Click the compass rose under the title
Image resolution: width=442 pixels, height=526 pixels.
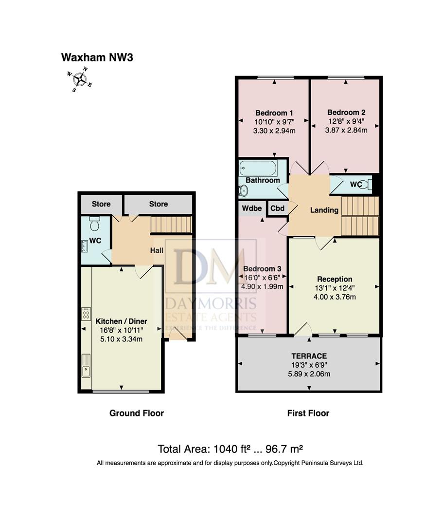pyautogui.click(x=80, y=80)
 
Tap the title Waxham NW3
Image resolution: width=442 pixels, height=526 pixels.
pyautogui.click(x=97, y=57)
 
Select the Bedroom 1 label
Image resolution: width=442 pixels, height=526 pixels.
pyautogui.click(x=274, y=113)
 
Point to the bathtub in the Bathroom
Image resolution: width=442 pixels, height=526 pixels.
pyautogui.click(x=258, y=168)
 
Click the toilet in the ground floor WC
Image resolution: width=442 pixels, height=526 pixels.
pyautogui.click(x=95, y=224)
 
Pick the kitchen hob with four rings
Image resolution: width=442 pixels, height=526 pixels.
pyautogui.click(x=86, y=313)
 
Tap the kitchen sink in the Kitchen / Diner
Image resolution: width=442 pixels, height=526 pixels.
pyautogui.click(x=86, y=365)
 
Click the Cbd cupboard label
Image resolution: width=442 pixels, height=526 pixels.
pyautogui.click(x=277, y=208)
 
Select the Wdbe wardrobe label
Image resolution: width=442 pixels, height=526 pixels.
pyautogui.click(x=252, y=208)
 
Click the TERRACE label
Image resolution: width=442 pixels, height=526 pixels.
pyautogui.click(x=309, y=356)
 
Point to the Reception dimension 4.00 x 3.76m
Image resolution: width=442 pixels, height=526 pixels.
pyautogui.click(x=335, y=297)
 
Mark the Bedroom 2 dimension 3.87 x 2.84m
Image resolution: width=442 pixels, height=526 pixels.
pyautogui.click(x=346, y=130)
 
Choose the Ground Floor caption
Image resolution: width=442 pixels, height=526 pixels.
pyautogui.click(x=137, y=413)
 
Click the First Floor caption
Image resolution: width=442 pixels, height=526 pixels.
pyautogui.click(x=308, y=413)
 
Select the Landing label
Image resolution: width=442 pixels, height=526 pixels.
pyautogui.click(x=324, y=210)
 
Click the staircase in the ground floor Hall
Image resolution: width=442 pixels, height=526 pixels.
pyautogui.click(x=171, y=225)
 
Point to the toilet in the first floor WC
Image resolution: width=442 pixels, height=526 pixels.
pyautogui.click(x=367, y=184)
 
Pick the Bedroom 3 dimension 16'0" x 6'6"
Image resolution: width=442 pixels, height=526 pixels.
pyautogui.click(x=262, y=278)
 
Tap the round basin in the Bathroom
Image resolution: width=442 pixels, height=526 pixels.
pyautogui.click(x=244, y=190)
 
